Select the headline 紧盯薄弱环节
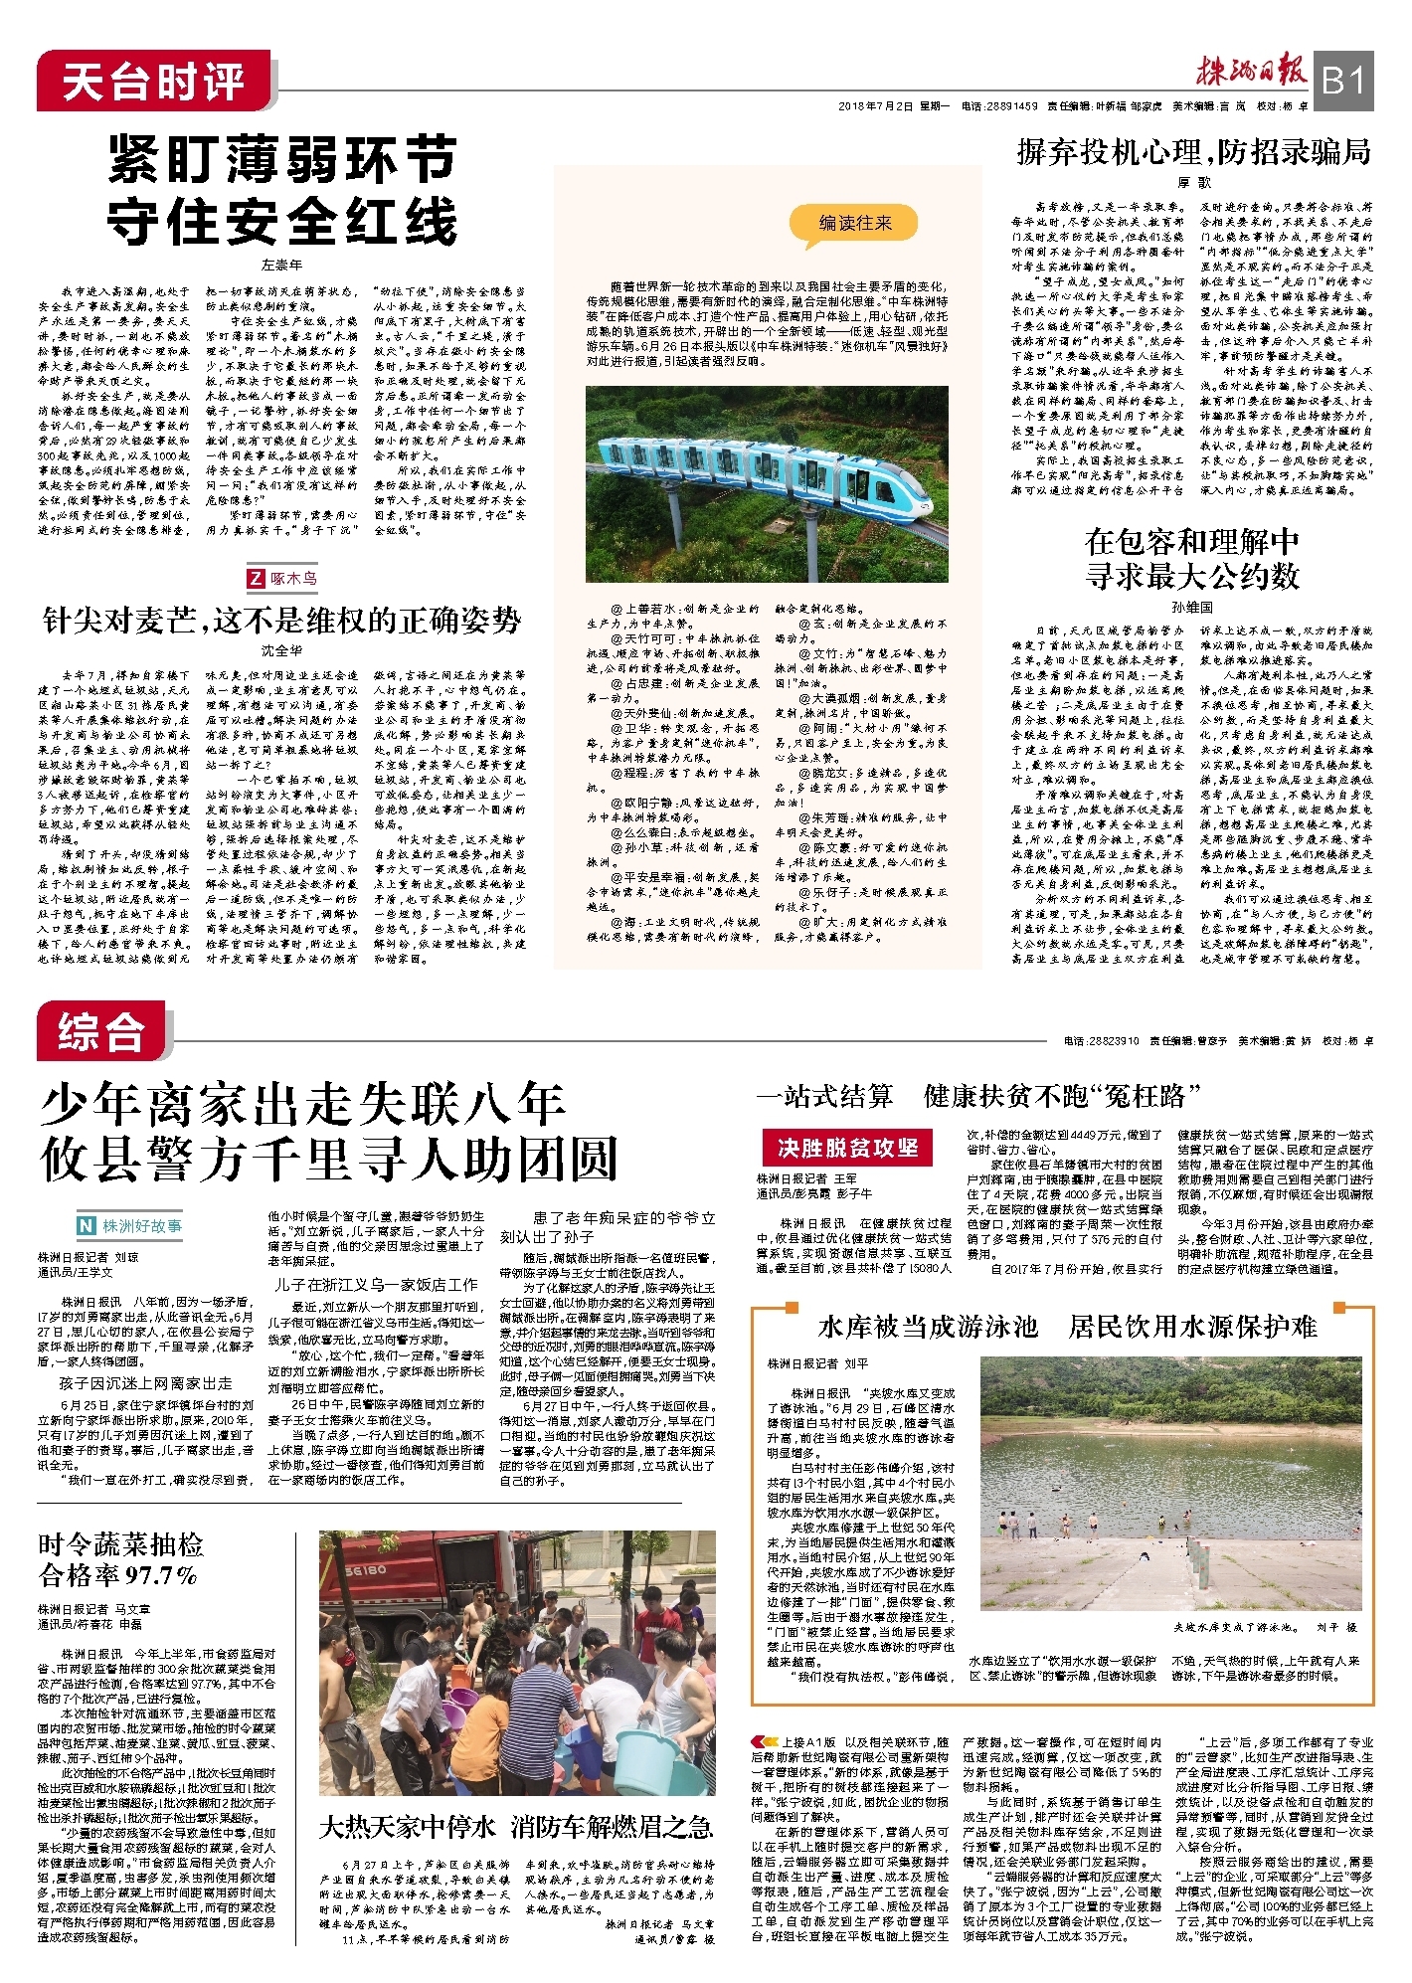click(x=282, y=159)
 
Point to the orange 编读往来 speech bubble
click(x=855, y=224)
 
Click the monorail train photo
click(x=767, y=483)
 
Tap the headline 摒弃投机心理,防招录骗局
click(x=1193, y=152)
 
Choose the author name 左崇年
click(x=281, y=265)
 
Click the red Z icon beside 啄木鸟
click(x=257, y=578)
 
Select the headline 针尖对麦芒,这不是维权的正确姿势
click(x=281, y=621)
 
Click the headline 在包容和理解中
click(x=1192, y=542)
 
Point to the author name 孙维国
click(x=1192, y=606)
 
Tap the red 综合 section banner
click(x=102, y=1031)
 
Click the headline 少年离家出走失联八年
click(x=303, y=1104)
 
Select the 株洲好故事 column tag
click(x=130, y=1226)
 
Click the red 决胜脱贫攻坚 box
click(x=847, y=1148)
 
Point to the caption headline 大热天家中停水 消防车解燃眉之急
click(x=516, y=1827)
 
